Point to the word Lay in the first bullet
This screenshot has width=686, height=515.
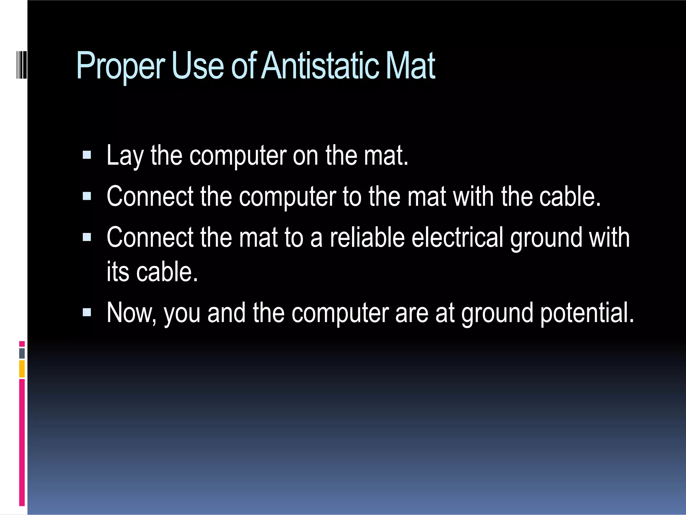tap(125, 156)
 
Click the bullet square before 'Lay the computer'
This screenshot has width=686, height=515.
tap(87, 155)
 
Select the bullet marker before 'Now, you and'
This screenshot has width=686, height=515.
tap(87, 312)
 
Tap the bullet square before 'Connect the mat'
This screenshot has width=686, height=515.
tap(87, 237)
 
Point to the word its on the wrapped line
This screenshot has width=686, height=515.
tap(118, 272)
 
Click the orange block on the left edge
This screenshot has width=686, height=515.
tap(22, 369)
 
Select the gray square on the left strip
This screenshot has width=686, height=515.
tap(22, 353)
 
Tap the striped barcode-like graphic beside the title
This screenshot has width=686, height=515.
tap(21, 65)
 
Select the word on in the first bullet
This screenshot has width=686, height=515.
tap(305, 156)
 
